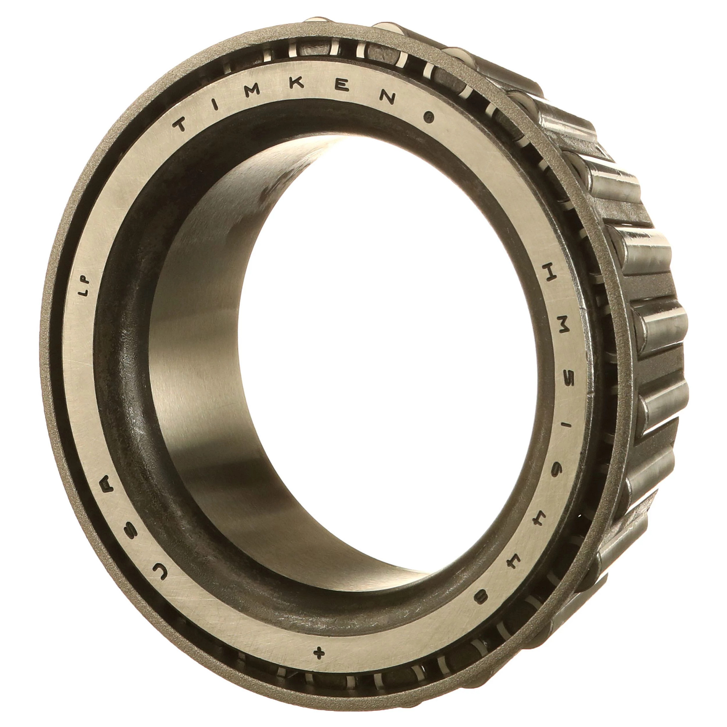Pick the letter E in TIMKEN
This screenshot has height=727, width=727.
[x=343, y=88]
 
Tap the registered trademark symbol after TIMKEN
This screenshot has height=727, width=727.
[x=428, y=118]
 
